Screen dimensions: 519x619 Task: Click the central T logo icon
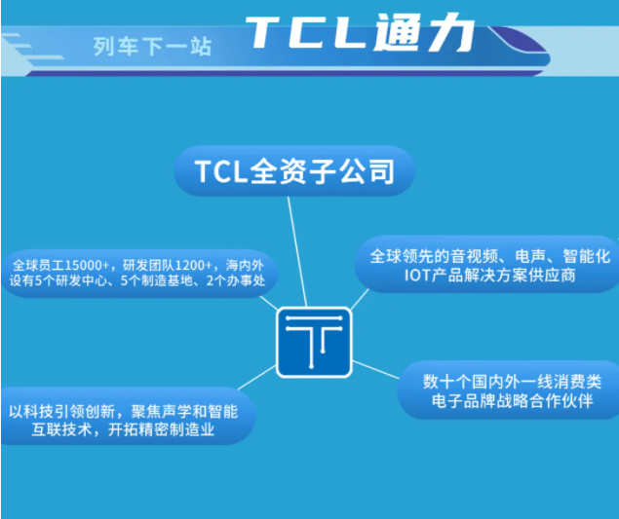point(314,342)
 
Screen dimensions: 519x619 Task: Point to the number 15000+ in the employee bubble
point(87,265)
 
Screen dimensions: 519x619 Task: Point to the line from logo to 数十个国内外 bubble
point(376,369)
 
